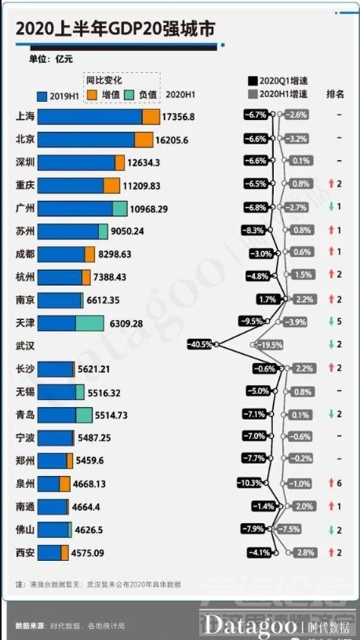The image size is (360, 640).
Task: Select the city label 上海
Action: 25,116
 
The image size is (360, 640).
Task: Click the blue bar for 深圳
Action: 80,162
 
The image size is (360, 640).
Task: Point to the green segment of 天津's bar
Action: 89,323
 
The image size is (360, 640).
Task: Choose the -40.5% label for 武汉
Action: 201,344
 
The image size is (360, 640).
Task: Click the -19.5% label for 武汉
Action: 270,345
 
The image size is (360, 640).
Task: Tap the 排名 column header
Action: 335,94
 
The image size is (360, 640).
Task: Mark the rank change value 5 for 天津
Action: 340,322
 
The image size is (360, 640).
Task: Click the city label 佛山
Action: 25,529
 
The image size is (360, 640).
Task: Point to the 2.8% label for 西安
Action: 301,553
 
